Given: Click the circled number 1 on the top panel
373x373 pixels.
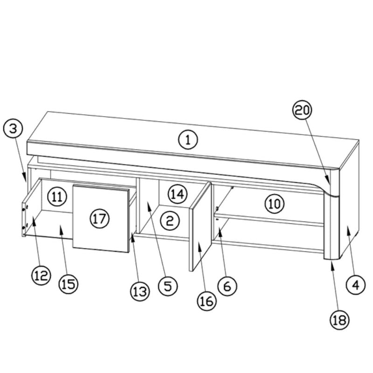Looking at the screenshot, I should click(x=188, y=139).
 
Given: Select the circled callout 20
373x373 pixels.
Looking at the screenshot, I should click(x=302, y=111).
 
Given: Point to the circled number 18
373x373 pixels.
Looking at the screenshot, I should click(x=339, y=319).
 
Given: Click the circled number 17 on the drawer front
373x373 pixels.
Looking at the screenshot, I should click(x=99, y=219).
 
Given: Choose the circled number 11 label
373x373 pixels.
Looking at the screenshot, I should click(x=57, y=196).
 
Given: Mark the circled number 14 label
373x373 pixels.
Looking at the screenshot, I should click(x=177, y=194).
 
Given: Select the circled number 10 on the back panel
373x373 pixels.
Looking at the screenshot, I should click(x=275, y=203).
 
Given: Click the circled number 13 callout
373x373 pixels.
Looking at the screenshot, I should click(x=139, y=291).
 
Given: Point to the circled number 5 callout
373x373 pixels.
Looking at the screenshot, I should click(x=168, y=285).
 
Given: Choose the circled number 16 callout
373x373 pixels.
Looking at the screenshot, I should click(x=207, y=301).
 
